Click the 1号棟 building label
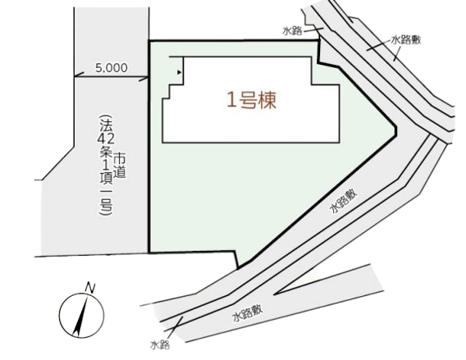click(251, 99)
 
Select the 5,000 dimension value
click(111, 68)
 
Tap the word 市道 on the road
click(120, 165)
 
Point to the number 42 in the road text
click(105, 139)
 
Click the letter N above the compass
click(89, 288)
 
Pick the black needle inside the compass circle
click(80, 317)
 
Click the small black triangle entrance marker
click(179, 72)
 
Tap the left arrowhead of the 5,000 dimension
click(77, 75)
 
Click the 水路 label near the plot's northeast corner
click(292, 31)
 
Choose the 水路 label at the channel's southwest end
click(160, 345)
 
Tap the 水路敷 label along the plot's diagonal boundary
click(344, 202)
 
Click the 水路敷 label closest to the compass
click(248, 313)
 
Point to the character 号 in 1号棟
click(251, 99)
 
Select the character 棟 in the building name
click(267, 99)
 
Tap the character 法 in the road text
click(105, 123)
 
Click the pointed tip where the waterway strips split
click(274, 294)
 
